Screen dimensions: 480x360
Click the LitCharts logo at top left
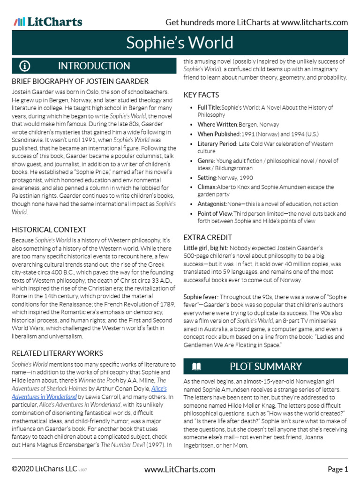pos(48,22)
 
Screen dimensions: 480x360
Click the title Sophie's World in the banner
pos(180,43)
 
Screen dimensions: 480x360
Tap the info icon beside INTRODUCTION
pos(25,66)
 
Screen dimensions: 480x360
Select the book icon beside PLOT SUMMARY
pos(196,366)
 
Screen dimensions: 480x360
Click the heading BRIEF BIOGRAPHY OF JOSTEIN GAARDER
pos(80,81)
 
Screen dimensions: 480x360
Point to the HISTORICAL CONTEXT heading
pos(49,230)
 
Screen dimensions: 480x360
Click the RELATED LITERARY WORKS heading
pos(57,353)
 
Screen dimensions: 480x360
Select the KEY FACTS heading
pos(201,95)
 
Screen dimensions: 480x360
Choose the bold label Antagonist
pos(212,204)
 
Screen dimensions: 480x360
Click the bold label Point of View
pos(215,214)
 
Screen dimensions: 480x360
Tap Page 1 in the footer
pos(337,469)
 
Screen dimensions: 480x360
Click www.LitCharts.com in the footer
pos(180,469)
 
